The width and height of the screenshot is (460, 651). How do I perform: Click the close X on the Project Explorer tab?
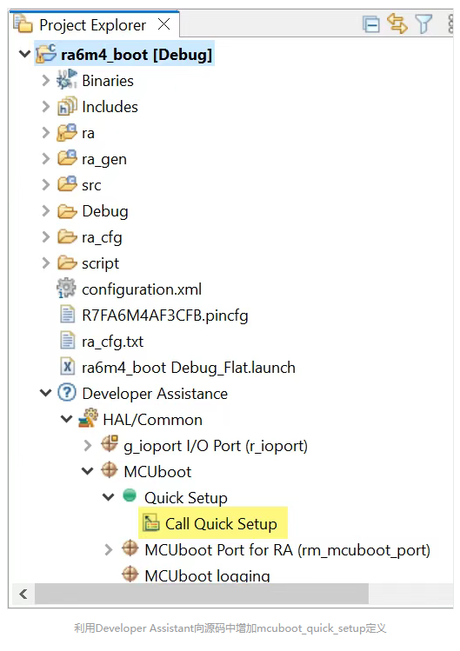(x=164, y=24)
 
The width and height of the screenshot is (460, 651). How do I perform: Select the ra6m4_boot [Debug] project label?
(x=137, y=55)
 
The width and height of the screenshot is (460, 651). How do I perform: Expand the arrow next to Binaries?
(x=46, y=81)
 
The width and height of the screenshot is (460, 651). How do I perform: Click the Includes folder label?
(x=110, y=107)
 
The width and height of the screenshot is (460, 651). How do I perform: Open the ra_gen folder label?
(x=104, y=159)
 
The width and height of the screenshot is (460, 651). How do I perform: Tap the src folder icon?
(x=67, y=184)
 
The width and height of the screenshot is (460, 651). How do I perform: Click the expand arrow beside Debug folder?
(x=46, y=211)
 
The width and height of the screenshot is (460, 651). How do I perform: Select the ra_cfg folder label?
(x=102, y=237)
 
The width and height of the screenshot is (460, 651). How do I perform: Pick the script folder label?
(x=101, y=263)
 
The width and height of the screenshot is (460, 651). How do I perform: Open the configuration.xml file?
(x=142, y=289)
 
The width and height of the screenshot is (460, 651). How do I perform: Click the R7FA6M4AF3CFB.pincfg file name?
(x=165, y=316)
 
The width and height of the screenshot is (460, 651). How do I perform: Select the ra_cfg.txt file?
(x=113, y=342)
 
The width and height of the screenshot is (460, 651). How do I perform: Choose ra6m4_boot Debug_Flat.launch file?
(x=188, y=368)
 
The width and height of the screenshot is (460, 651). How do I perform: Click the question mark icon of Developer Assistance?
(x=67, y=392)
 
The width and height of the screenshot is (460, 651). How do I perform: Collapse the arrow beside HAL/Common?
(x=66, y=419)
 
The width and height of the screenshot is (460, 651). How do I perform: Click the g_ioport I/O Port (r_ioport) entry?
(x=216, y=446)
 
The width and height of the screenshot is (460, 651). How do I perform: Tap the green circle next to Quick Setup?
(x=130, y=495)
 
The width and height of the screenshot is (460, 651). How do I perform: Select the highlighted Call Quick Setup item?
(x=213, y=524)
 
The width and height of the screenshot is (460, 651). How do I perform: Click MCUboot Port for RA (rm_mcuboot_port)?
(x=287, y=550)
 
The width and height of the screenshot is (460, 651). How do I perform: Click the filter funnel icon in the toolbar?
(x=423, y=23)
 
